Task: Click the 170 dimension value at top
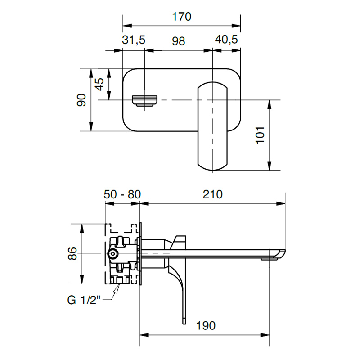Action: pyautogui.click(x=182, y=17)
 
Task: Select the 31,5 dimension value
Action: pyautogui.click(x=134, y=40)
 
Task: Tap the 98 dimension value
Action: pyautogui.click(x=178, y=41)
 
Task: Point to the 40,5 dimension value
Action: pyautogui.click(x=226, y=40)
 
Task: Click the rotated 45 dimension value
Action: pyautogui.click(x=99, y=84)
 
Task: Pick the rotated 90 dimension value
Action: pyautogui.click(x=81, y=100)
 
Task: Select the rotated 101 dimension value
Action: pyautogui.click(x=260, y=135)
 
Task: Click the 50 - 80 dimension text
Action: pyautogui.click(x=122, y=194)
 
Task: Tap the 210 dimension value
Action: pyautogui.click(x=212, y=194)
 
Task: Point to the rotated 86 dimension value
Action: pyautogui.click(x=72, y=253)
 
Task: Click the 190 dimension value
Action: pyautogui.click(x=206, y=325)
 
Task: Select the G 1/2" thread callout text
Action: pyautogui.click(x=84, y=300)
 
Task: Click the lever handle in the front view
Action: pyautogui.click(x=212, y=126)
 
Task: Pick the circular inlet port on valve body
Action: pyautogui.click(x=113, y=254)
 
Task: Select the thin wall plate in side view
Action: pyautogui.click(x=140, y=254)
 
